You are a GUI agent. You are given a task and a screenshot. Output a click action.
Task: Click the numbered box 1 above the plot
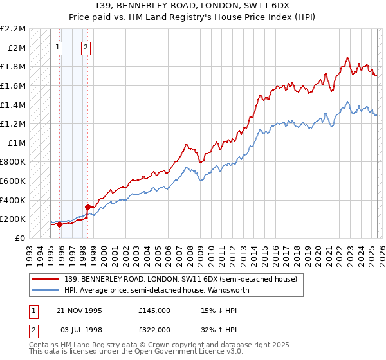[x=58, y=46]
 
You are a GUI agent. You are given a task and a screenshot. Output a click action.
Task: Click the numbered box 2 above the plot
[x=86, y=46]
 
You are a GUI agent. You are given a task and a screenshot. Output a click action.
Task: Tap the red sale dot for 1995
[x=60, y=224]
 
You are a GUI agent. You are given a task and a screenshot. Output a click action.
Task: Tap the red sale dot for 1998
[x=87, y=207]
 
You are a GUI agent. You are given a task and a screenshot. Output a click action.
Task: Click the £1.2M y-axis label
[x=15, y=123]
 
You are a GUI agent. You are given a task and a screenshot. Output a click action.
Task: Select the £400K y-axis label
[x=15, y=200]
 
